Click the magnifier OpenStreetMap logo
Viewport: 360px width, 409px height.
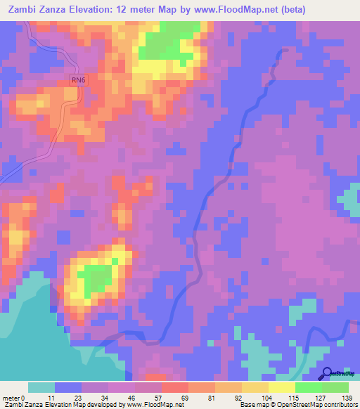coord(328,374)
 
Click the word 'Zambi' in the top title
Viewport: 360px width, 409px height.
coord(23,10)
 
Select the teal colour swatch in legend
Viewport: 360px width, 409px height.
coord(41,387)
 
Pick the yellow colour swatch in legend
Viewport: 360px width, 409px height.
coord(255,387)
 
